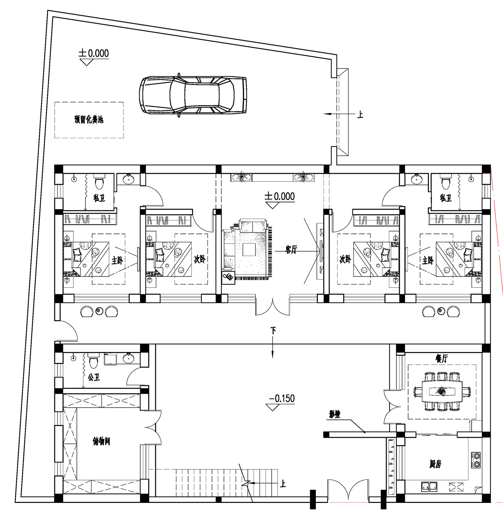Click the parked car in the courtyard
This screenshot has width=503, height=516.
click(x=193, y=95)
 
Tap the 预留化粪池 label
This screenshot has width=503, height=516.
click(x=89, y=119)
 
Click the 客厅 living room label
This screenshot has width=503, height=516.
click(x=291, y=249)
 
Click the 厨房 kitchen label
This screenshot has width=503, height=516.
click(x=435, y=464)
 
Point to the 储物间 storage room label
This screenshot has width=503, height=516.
click(x=101, y=441)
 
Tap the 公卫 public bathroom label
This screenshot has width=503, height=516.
click(x=94, y=377)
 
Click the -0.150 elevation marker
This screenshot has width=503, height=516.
click(x=282, y=399)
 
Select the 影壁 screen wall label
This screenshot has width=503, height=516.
click(x=334, y=415)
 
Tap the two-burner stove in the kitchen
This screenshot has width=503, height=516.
click(x=476, y=460)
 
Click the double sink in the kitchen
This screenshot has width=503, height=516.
click(x=429, y=485)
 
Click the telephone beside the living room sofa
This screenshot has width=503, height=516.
click(x=229, y=277)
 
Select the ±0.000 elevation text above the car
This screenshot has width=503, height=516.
click(x=94, y=53)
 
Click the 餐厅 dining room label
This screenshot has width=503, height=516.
click(x=442, y=358)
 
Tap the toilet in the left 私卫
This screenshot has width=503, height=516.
click(x=99, y=183)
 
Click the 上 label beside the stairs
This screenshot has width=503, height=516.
click(x=283, y=483)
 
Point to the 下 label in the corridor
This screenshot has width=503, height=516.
click(x=273, y=331)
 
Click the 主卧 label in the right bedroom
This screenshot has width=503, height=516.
click(x=428, y=260)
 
